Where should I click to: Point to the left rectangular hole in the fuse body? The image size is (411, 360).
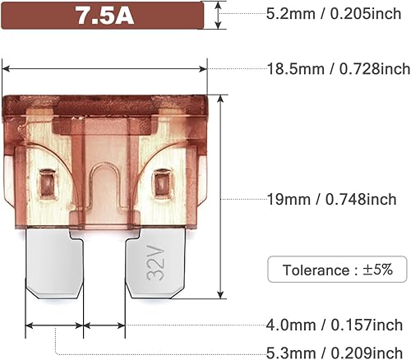click(x=47, y=178)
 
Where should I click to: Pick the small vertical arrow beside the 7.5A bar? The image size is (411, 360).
click(x=218, y=15)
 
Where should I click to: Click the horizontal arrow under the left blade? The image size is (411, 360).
click(x=54, y=326)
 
